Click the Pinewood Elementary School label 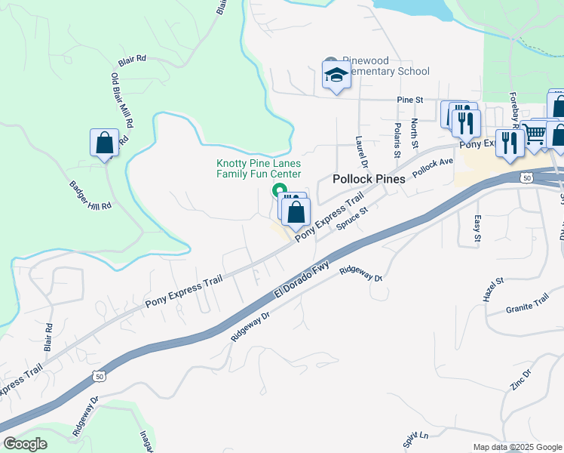pyautogui.click(x=385, y=66)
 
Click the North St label pyautogui.click(x=414, y=133)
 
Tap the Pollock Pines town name pyautogui.click(x=369, y=179)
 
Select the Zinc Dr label pyautogui.click(x=521, y=379)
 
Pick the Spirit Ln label pyautogui.click(x=415, y=439)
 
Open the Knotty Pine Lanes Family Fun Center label pyautogui.click(x=259, y=168)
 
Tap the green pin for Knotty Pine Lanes pyautogui.click(x=279, y=190)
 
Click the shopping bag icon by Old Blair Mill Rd pyautogui.click(x=104, y=143)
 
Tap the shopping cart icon pyautogui.click(x=535, y=134)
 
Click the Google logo pyautogui.click(x=25, y=444)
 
